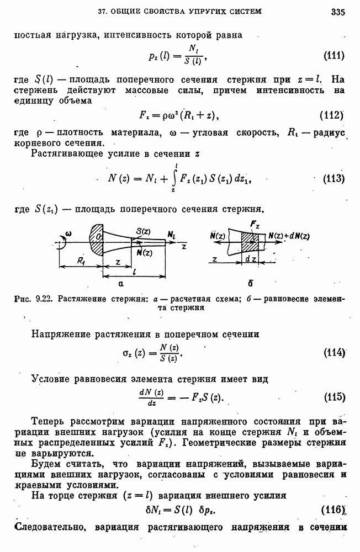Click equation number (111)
[333, 56]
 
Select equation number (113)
[333, 178]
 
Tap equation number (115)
[333, 397]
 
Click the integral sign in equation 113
[176, 178]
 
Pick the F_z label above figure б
[255, 225]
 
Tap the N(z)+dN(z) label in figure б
[289, 236]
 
